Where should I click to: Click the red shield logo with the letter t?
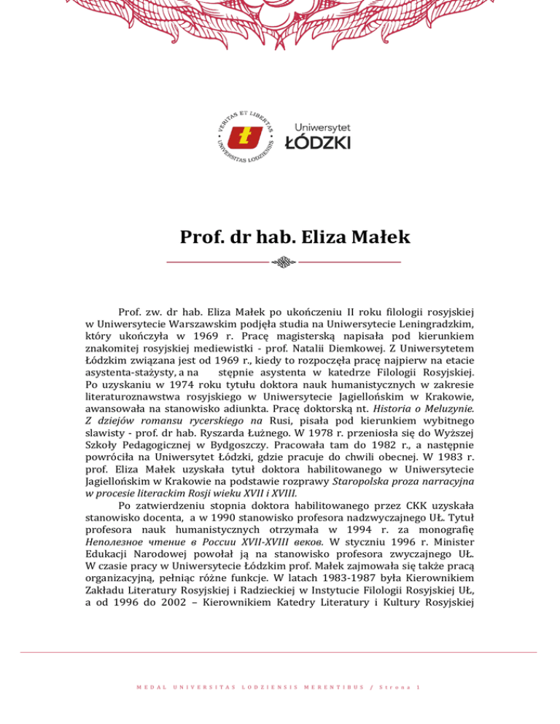click(x=245, y=136)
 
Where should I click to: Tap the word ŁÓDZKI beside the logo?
click(x=316, y=142)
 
